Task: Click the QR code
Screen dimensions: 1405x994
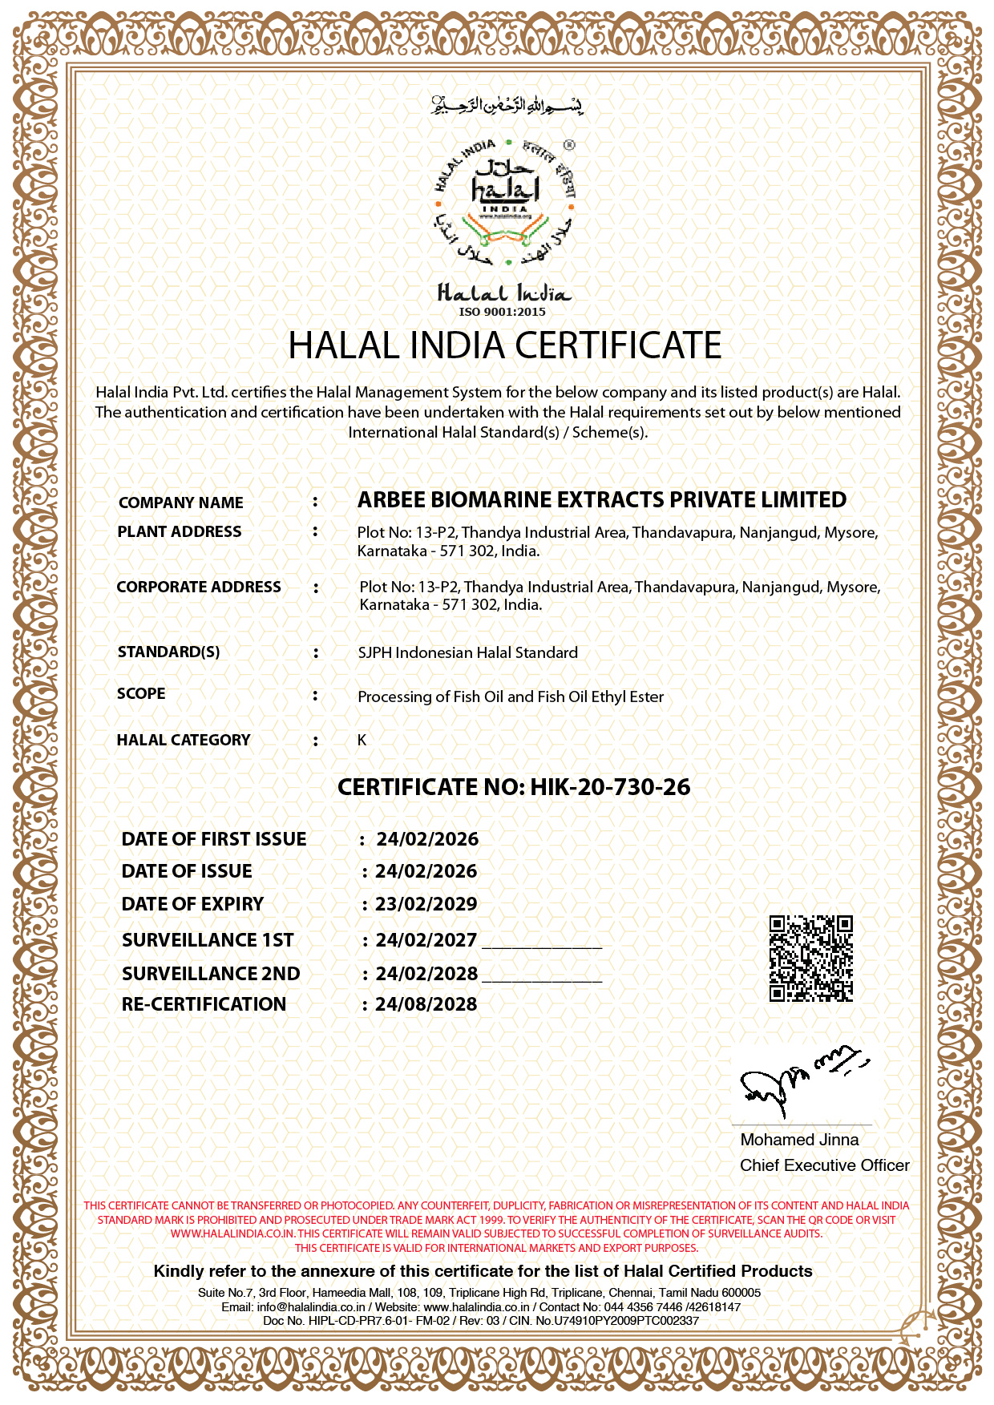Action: pos(810,959)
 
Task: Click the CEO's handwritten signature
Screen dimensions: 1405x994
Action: pos(802,1080)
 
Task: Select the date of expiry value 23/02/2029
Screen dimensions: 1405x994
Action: pos(426,904)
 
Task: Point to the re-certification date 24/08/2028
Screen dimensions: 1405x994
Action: pos(426,1004)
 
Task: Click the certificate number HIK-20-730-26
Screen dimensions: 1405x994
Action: pos(610,787)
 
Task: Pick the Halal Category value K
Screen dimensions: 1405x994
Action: pos(362,740)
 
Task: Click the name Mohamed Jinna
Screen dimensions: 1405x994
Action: pos(799,1140)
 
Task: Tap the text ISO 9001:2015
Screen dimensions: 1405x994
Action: pos(503,312)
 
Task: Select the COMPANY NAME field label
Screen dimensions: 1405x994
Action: pos(180,503)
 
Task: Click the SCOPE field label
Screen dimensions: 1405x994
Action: pos(141,693)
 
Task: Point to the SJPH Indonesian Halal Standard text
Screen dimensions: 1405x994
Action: pos(467,652)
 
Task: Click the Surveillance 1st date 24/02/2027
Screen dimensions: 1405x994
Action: pos(426,940)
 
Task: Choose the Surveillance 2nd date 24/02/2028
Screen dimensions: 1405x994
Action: pos(426,974)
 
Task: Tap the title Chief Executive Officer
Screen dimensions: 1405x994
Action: pos(824,1165)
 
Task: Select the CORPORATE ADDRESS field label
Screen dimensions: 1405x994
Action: pos(199,587)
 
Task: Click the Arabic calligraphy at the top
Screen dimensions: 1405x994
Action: pos(507,105)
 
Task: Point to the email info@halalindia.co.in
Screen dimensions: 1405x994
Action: pos(310,1306)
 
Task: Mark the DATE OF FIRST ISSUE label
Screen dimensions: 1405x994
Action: pos(214,839)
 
